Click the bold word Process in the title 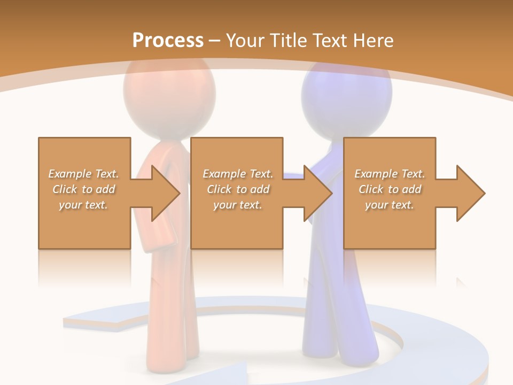tap(168, 40)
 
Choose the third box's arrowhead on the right tap(470, 193)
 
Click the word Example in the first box tap(69, 174)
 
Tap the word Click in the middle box tap(218, 189)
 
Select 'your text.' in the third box tap(390, 205)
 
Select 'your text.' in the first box tap(83, 205)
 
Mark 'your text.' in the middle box tap(238, 205)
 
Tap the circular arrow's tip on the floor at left tap(70, 321)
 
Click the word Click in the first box tap(64, 189)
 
